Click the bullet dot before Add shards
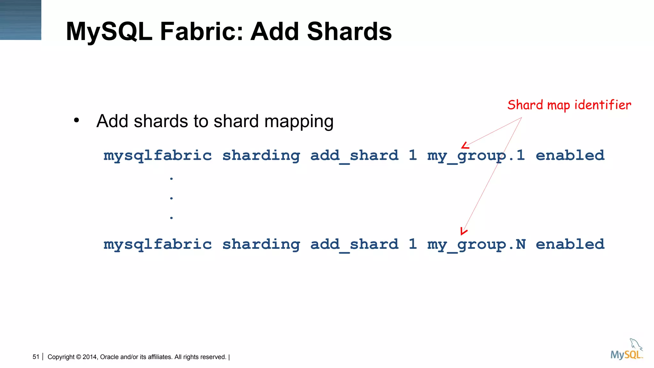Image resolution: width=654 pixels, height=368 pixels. pos(76,121)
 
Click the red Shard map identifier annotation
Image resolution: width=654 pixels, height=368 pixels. pos(569,105)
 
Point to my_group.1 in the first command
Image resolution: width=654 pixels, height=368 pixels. pos(476,156)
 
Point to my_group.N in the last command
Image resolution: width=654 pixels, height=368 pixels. pos(476,244)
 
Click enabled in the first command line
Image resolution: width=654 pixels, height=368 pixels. pos(570,155)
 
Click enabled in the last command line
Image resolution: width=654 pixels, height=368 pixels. pos(570,244)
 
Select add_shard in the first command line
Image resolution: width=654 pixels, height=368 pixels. pos(354,156)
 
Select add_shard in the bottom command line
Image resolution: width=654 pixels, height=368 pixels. pos(354,244)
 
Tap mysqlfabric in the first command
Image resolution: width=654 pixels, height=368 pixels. pos(157,156)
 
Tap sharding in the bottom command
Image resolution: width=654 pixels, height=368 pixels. pos(261,244)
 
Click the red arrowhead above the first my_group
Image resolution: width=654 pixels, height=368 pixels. pos(465,146)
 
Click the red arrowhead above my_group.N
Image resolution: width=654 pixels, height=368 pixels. pos(463,231)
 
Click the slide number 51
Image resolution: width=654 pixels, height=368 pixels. pos(36,357)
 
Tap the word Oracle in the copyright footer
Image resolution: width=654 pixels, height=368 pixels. pos(109,357)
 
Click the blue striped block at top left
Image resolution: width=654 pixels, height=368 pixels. pos(20,20)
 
